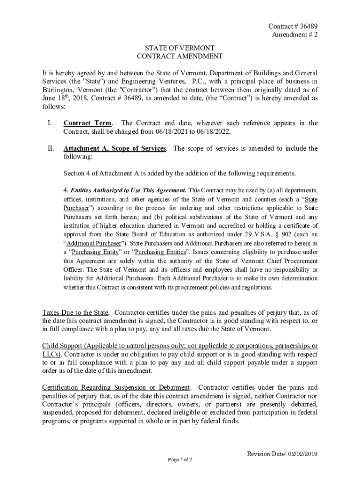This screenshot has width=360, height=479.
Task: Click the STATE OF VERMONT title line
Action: tap(180, 48)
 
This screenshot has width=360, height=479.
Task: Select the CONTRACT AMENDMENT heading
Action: tap(180, 57)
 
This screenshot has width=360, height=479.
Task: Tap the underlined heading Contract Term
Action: tap(87, 123)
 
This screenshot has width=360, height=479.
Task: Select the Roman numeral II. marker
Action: tap(51, 149)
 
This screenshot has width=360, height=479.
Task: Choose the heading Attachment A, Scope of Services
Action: tap(115, 149)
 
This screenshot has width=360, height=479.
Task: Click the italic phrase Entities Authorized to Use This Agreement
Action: tap(128, 190)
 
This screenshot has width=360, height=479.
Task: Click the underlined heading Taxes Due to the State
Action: tap(76, 312)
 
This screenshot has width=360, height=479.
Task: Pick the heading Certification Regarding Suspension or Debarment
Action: tap(116, 387)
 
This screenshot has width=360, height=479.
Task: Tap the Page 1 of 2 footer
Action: tap(180, 460)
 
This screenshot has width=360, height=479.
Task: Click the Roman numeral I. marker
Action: tap(49, 123)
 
